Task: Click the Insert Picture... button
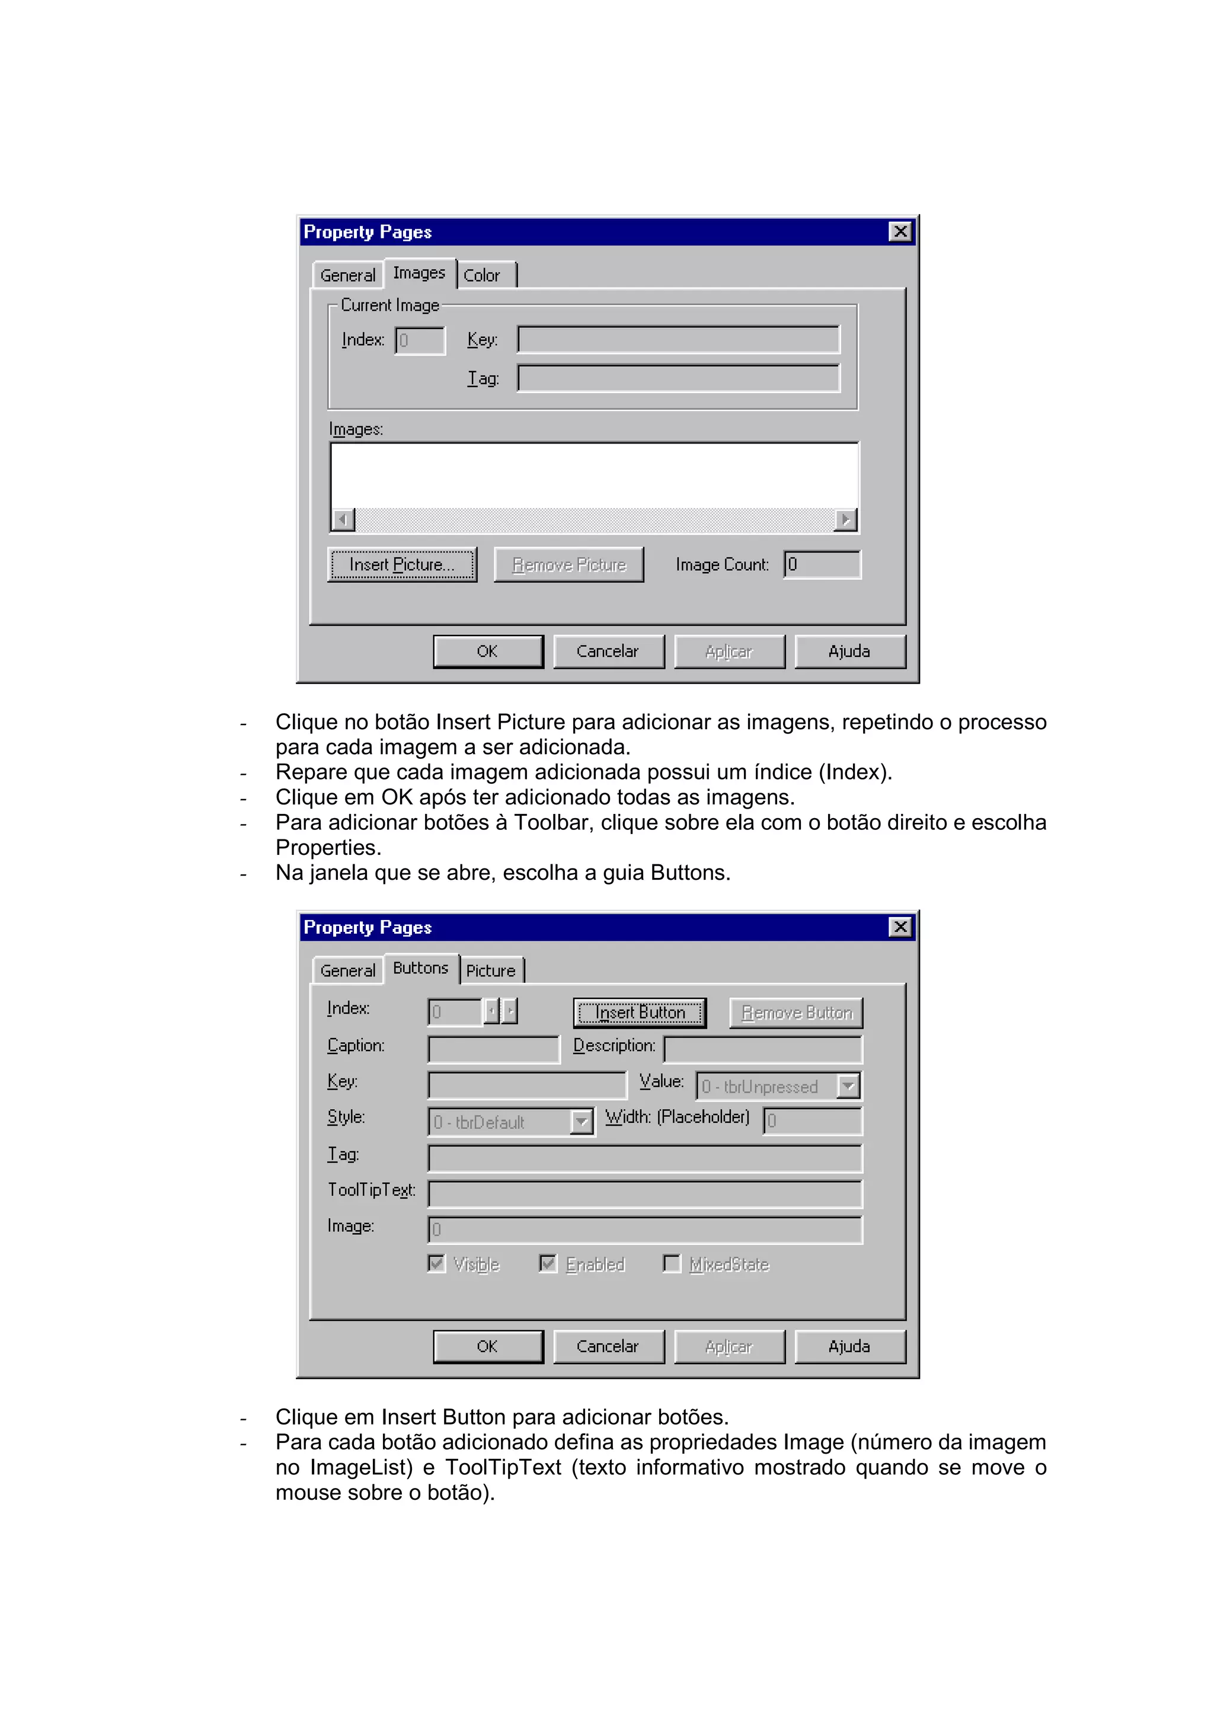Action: [x=402, y=565]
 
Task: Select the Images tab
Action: [x=419, y=273]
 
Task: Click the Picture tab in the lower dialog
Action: [x=491, y=970]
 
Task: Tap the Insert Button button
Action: [x=640, y=1013]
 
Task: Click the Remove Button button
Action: [x=796, y=1013]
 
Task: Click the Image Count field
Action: [x=822, y=564]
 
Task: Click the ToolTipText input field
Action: [x=645, y=1193]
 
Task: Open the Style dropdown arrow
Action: [x=581, y=1122]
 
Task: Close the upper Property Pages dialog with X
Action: [x=900, y=231]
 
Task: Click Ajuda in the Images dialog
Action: [x=849, y=651]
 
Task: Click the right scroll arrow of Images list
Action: [x=845, y=519]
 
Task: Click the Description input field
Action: [x=762, y=1050]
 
